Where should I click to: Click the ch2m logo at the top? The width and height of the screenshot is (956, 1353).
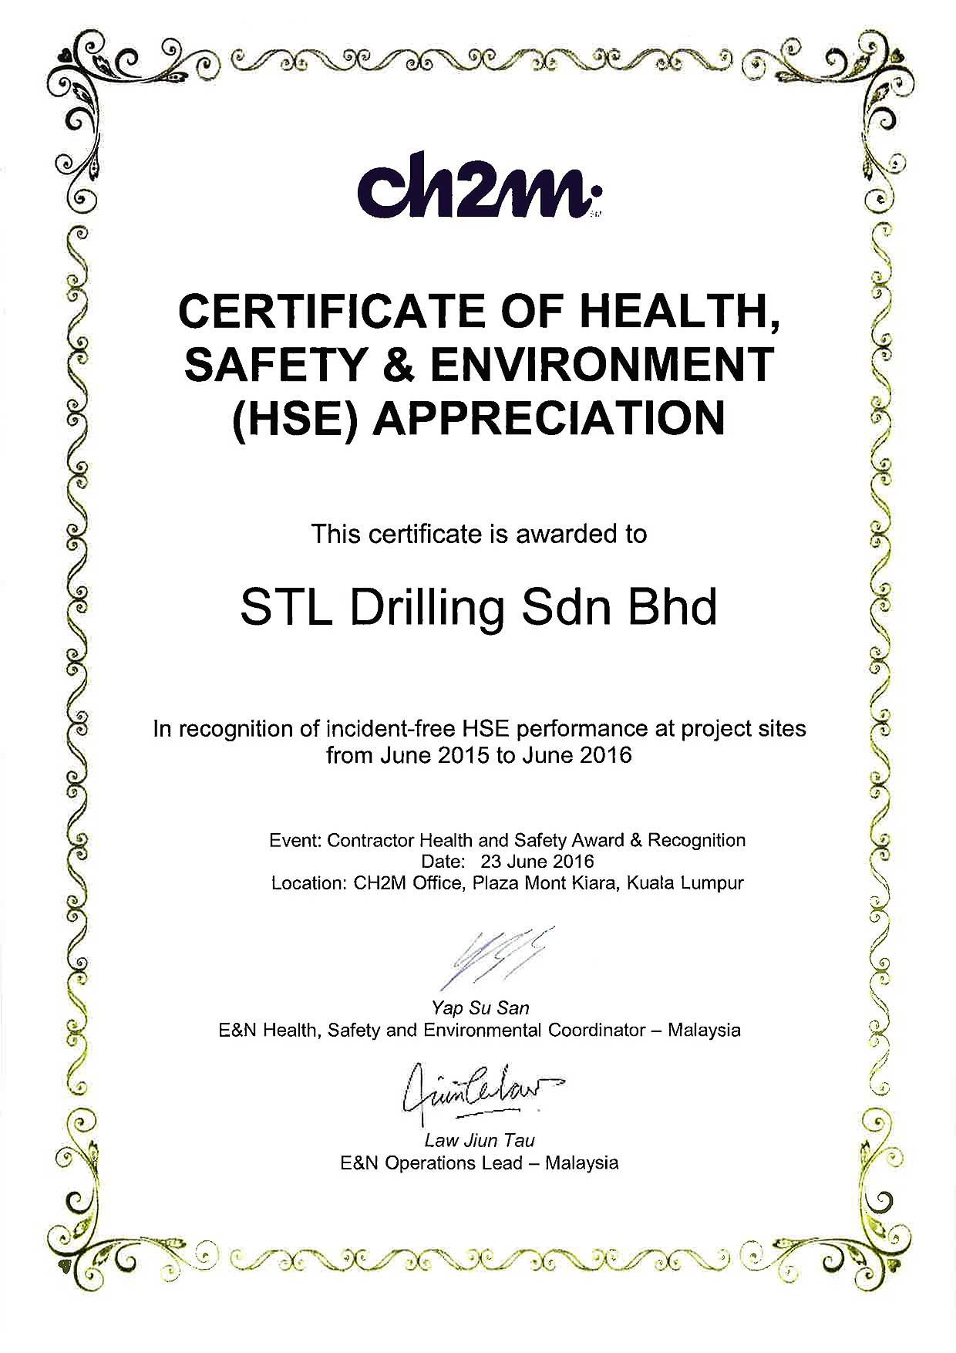coord(478,187)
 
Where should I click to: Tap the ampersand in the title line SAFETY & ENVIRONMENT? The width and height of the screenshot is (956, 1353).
coord(399,364)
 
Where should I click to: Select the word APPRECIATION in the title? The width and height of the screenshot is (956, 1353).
coord(548,417)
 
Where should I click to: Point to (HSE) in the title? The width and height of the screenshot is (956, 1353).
coord(295,419)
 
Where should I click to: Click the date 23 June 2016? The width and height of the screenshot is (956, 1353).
coord(537,861)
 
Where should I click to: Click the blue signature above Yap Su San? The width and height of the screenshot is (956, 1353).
coord(493,955)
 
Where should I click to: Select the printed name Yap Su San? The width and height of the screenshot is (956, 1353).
coord(480,1007)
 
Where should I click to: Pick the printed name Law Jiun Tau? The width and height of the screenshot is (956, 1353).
coord(479,1140)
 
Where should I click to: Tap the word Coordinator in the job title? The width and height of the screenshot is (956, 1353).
coord(596,1030)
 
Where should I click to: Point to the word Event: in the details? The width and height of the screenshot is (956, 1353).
coord(295,840)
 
